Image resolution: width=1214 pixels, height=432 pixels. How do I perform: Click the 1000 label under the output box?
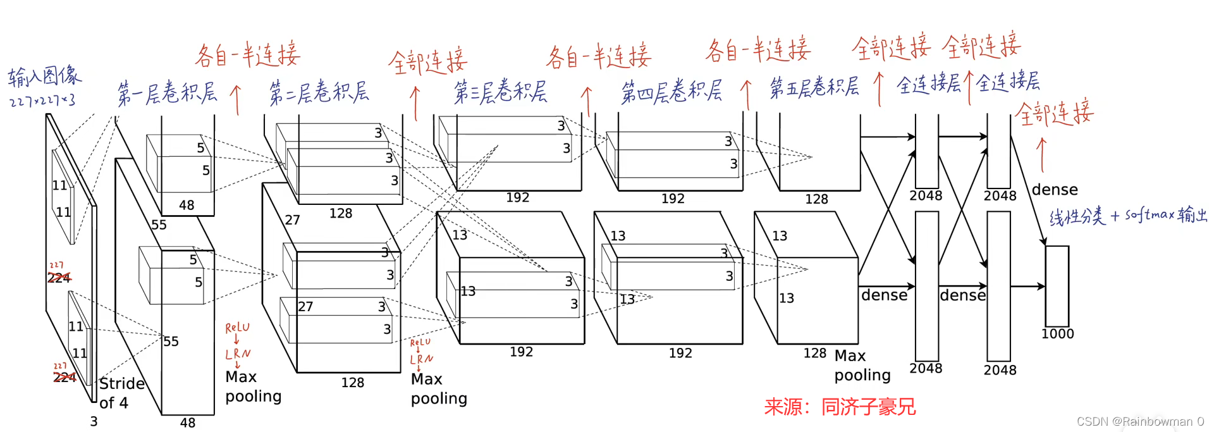tap(1057, 334)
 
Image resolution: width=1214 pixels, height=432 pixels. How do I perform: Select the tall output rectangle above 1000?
tap(1057, 286)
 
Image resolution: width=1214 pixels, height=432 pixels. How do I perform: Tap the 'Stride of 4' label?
tap(121, 393)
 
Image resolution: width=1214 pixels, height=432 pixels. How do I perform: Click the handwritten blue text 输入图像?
tap(44, 77)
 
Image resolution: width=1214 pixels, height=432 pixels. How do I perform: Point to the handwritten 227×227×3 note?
tap(42, 101)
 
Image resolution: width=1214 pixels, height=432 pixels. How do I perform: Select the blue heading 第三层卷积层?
tap(500, 92)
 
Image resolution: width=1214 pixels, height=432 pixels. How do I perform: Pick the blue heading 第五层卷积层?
tap(814, 87)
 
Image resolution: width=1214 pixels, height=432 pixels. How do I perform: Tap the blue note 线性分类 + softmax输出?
tap(1128, 216)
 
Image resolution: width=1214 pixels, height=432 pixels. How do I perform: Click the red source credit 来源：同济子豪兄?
tap(840, 407)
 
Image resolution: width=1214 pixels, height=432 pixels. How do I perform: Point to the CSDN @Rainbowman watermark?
tap(1139, 421)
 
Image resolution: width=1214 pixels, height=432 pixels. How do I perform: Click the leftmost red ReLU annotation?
tap(237, 328)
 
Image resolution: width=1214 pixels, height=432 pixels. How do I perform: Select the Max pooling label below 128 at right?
tap(862, 366)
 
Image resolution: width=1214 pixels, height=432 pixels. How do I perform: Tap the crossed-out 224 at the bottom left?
tap(64, 378)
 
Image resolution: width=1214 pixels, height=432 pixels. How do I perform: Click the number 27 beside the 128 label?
tap(292, 220)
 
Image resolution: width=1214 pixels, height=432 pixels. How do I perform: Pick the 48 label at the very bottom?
tap(188, 423)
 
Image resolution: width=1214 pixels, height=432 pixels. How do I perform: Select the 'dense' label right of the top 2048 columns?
tap(1055, 190)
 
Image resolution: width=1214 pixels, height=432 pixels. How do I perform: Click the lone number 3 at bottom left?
tap(94, 421)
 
